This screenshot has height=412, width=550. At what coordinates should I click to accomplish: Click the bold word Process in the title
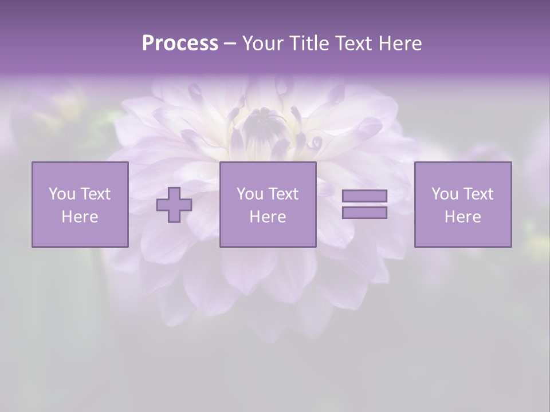click(180, 43)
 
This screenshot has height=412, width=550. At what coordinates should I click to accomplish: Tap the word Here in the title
click(399, 43)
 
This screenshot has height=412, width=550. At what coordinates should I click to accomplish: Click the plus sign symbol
click(174, 205)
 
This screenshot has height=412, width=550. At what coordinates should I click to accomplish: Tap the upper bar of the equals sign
click(364, 196)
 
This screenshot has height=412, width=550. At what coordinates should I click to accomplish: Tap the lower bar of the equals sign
click(364, 213)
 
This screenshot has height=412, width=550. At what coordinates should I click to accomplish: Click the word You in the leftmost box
click(62, 194)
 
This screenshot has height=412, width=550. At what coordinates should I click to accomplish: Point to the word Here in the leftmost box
click(80, 217)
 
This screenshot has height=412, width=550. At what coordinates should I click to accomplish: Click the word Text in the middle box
click(284, 194)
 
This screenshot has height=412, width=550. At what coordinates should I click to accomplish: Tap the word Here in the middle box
click(268, 217)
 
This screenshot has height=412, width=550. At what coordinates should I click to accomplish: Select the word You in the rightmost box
click(445, 194)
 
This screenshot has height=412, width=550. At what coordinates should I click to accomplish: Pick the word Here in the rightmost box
click(462, 217)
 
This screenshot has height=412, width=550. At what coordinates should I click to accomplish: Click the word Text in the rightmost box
click(478, 194)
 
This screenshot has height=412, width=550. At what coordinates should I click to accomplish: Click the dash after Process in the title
click(230, 44)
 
